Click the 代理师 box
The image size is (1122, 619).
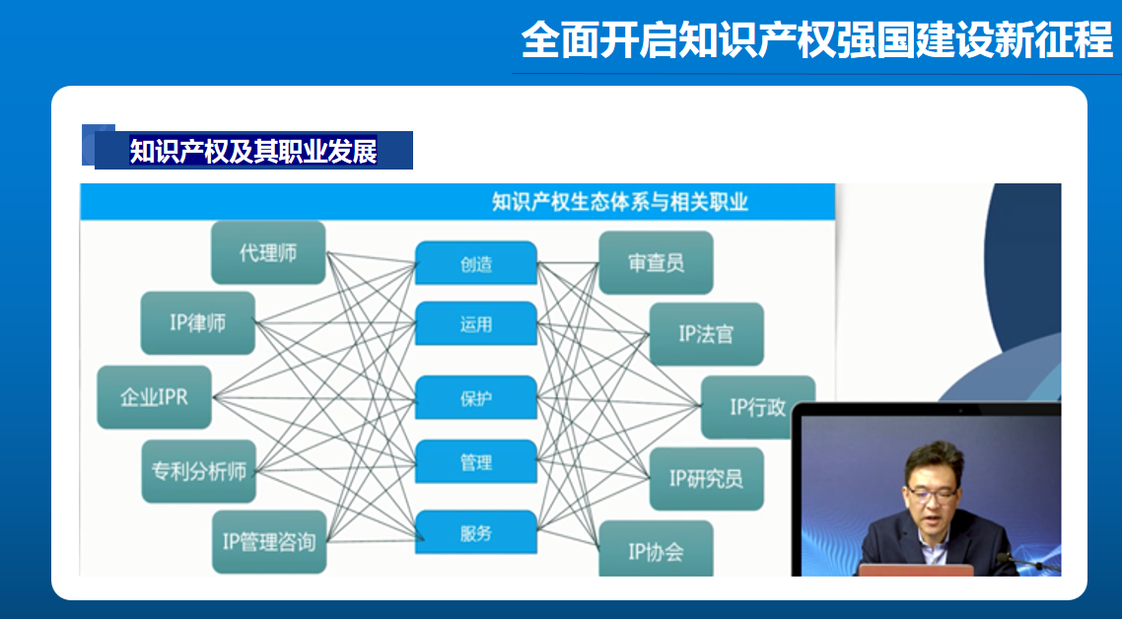[268, 252]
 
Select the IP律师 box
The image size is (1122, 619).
[197, 322]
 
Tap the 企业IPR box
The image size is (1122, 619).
[154, 397]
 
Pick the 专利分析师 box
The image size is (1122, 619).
[198, 471]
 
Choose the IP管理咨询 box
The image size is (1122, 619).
[269, 541]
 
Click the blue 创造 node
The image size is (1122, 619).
[476, 264]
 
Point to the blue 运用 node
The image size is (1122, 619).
[476, 324]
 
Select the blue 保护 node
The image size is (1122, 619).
[476, 398]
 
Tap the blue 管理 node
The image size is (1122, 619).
[476, 462]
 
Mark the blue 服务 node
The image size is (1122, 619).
[476, 533]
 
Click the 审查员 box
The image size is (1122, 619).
[656, 262]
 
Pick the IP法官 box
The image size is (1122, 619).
[706, 334]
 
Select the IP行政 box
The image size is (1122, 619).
[757, 406]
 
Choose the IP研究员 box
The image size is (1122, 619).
[706, 479]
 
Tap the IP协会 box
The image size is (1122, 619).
[656, 550]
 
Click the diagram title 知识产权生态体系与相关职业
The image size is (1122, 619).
[619, 202]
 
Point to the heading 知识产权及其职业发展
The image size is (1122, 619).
[253, 151]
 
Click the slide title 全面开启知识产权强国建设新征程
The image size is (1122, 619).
[816, 40]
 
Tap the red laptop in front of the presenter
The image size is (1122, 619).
[914, 570]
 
